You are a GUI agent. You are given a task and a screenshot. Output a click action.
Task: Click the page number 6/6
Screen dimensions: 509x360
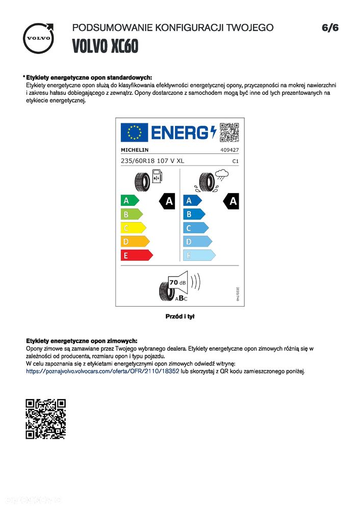(330, 28)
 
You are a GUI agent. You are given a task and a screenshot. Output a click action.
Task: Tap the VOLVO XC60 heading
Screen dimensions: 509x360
(105, 46)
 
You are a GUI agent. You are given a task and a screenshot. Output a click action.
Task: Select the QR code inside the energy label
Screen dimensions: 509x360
(229, 132)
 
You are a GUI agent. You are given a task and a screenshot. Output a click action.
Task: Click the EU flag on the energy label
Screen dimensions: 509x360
(134, 132)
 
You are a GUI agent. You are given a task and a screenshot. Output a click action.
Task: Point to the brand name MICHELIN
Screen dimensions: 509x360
(135, 150)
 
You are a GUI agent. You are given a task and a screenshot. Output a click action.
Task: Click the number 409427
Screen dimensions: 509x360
(229, 150)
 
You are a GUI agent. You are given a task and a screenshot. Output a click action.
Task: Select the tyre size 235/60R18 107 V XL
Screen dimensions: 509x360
(152, 161)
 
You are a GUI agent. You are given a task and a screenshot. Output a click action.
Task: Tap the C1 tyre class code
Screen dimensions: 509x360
(236, 161)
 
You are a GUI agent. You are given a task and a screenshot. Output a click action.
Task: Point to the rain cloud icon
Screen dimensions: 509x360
(221, 176)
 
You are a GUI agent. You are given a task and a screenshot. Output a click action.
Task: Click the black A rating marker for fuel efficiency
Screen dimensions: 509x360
(168, 201)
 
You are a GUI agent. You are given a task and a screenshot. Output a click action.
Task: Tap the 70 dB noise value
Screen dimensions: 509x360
(177, 282)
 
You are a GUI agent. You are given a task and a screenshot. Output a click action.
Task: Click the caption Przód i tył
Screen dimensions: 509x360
(180, 316)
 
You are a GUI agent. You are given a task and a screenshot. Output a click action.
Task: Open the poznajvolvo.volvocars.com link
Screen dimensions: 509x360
(102, 371)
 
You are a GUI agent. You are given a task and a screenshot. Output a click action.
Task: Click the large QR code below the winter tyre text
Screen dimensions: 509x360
(46, 419)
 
